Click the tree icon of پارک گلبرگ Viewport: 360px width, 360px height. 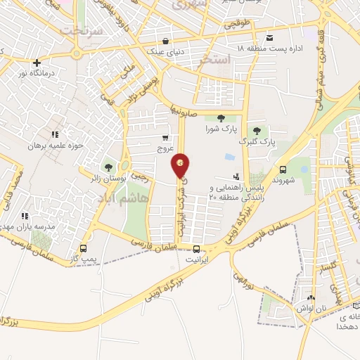pos(257,130)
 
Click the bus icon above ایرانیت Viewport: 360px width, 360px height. pos(196,248)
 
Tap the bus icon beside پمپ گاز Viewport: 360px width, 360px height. pos(84,248)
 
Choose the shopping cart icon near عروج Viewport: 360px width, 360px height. pos(165,138)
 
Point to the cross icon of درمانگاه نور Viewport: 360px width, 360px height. pos(37,63)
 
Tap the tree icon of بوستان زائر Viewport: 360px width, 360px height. pos(108,167)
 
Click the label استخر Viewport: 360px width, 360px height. pos(215,60)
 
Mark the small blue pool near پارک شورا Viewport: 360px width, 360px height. pos(230,156)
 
